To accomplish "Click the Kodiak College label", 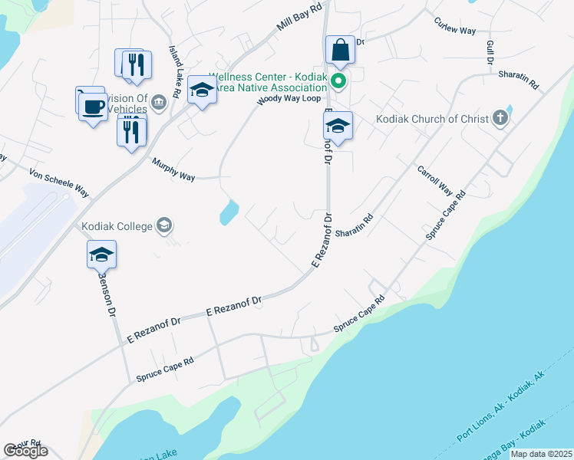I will [117, 226].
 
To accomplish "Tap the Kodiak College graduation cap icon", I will [163, 225].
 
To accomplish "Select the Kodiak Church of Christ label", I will [432, 119].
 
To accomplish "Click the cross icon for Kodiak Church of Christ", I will [500, 117].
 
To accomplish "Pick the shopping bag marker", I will [340, 51].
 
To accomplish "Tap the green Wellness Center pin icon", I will [338, 79].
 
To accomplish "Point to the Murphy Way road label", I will [173, 170].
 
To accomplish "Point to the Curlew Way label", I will [454, 26].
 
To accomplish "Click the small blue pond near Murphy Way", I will [229, 212].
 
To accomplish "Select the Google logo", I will [25, 451].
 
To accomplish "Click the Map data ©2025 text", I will [540, 454].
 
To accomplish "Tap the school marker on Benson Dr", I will [101, 255].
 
